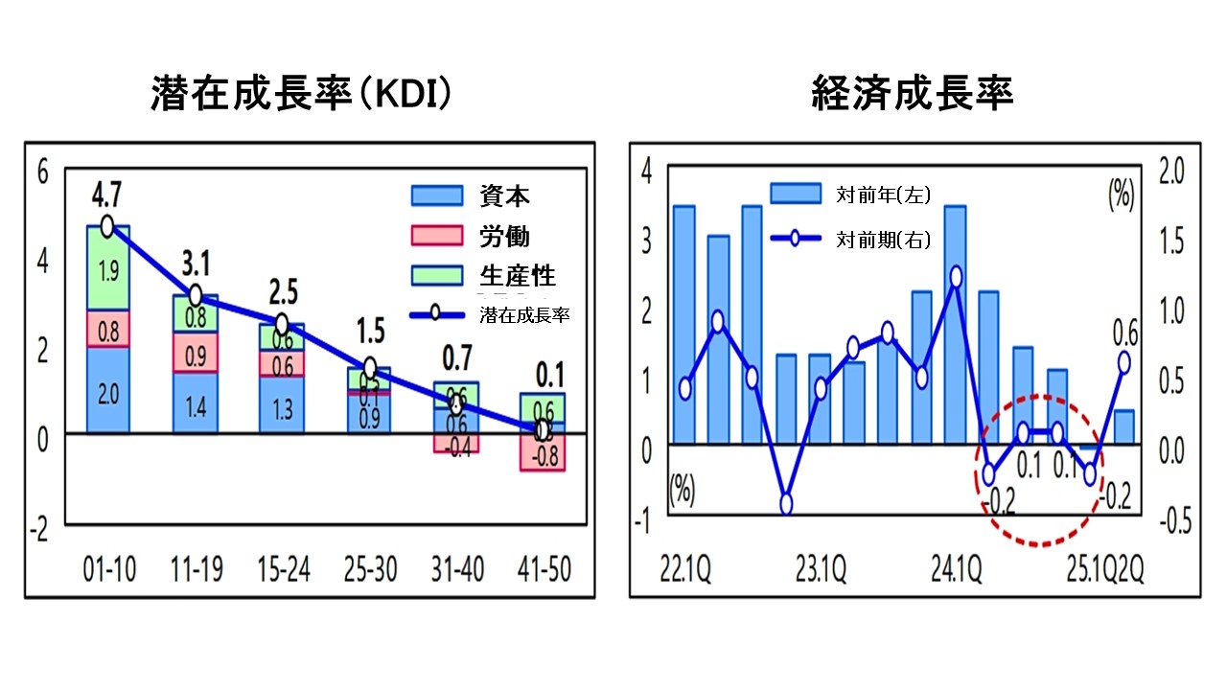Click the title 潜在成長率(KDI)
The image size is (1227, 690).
[300, 94]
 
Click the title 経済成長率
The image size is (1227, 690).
[912, 94]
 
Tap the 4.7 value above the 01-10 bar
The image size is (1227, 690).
[106, 199]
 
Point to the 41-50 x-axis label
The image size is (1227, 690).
[542, 570]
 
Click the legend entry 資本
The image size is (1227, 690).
[503, 195]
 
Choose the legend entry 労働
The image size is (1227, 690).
[503, 236]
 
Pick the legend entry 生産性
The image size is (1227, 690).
[517, 276]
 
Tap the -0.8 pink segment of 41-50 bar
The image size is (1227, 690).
[543, 456]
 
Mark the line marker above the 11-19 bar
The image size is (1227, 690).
[195, 295]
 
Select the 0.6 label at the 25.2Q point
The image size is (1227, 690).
[1124, 334]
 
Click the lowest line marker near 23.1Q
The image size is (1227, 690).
[787, 504]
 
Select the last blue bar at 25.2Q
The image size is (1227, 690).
[1123, 426]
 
